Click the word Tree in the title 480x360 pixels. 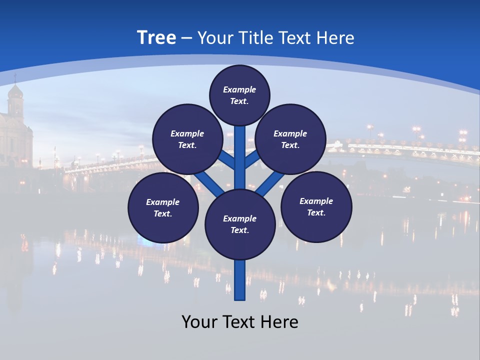coord(156,38)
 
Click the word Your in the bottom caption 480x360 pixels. coord(199,322)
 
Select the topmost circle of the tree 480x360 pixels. coord(239,95)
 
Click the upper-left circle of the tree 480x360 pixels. coord(187,139)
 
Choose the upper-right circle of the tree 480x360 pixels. coord(290,139)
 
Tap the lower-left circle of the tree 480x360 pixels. coord(163,207)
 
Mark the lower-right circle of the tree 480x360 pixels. coord(316,206)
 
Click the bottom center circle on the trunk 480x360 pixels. coord(240,224)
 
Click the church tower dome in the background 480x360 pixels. coord(16,93)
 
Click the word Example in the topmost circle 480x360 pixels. coord(239,89)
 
